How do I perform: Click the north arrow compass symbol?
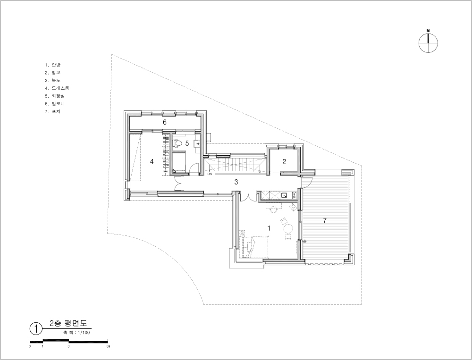point(428,42)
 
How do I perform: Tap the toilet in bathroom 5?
point(178,143)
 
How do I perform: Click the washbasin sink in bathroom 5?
point(198,144)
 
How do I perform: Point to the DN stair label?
point(210,174)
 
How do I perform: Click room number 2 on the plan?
point(284,162)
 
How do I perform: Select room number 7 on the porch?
point(325,220)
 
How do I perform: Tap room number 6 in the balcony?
point(165,122)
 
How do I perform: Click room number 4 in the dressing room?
point(152,162)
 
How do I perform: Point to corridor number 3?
point(236,182)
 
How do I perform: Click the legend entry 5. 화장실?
point(55,96)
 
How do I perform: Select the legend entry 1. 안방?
point(53,65)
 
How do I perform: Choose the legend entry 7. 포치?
point(53,112)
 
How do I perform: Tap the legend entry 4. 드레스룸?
point(57,88)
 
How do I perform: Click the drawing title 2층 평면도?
point(68,323)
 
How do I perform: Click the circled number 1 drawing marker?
point(36,328)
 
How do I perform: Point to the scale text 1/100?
point(84,333)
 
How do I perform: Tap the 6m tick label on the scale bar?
point(109,346)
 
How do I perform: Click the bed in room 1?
point(254,247)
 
